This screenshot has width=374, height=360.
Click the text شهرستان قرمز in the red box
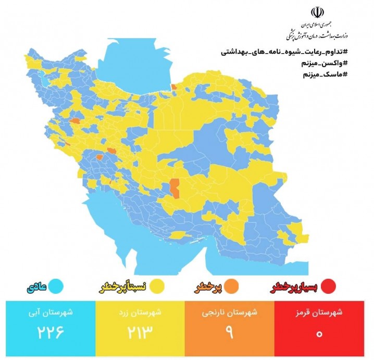[x=325, y=313]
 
